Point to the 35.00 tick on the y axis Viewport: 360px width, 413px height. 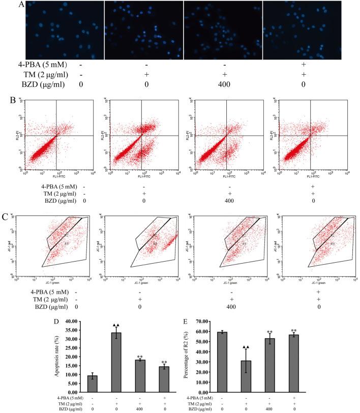pyautogui.click(x=76, y=330)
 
